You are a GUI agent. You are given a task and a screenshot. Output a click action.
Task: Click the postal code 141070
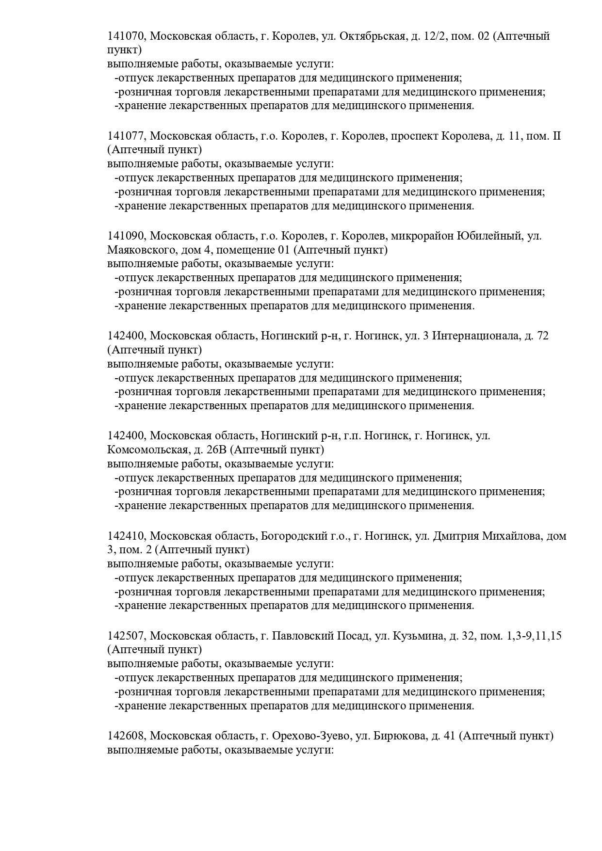tap(126, 36)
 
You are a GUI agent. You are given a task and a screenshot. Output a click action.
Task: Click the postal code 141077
tap(126, 136)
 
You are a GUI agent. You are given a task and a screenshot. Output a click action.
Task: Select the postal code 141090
tap(126, 236)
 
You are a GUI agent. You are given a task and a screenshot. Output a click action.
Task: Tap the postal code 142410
tap(126, 536)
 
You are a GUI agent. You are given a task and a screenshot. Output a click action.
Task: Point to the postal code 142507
tap(126, 636)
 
